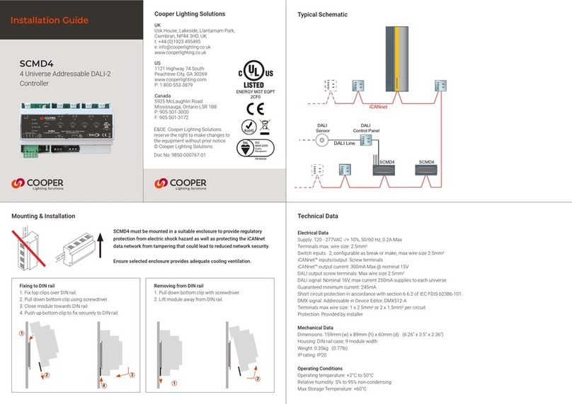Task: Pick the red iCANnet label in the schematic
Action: click(378, 106)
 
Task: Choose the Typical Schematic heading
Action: click(322, 14)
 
